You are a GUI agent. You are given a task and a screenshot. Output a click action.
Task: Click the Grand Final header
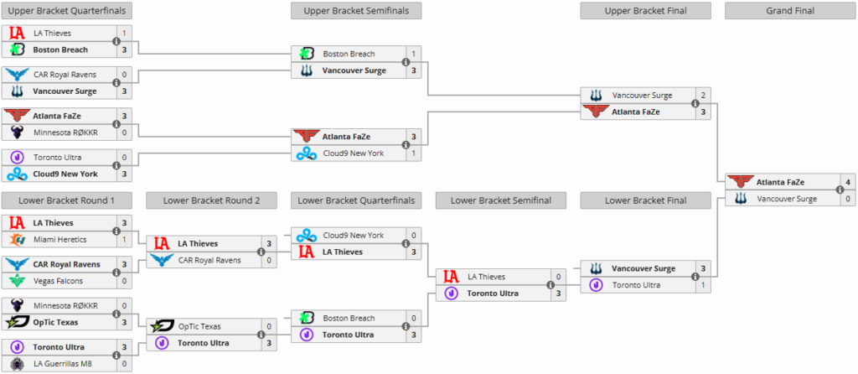click(790, 10)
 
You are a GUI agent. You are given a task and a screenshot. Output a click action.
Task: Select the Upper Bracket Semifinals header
click(355, 10)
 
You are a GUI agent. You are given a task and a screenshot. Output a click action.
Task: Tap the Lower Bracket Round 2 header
click(211, 200)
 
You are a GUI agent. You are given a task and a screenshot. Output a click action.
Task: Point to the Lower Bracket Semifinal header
click(501, 200)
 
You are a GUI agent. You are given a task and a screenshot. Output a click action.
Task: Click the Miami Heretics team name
click(60, 239)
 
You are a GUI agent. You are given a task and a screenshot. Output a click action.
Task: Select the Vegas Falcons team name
click(59, 281)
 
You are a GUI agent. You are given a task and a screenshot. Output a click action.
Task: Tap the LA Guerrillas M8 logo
click(17, 364)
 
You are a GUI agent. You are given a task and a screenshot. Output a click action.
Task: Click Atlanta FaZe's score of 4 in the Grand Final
click(848, 182)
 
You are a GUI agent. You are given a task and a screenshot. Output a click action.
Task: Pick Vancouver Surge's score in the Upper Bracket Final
click(703, 96)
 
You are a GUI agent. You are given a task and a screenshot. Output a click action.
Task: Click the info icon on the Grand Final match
click(840, 190)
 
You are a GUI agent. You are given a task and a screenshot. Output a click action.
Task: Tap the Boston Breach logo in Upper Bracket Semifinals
click(307, 54)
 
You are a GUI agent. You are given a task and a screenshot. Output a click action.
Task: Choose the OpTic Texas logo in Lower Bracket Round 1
click(17, 323)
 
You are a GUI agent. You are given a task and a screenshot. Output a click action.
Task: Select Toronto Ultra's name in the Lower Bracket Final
click(637, 285)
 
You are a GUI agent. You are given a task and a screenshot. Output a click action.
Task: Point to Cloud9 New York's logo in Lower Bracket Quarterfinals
click(307, 236)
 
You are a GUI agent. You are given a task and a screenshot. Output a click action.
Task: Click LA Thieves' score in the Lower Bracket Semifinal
click(558, 277)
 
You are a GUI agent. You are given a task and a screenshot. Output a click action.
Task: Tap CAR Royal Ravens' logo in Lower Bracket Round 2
click(162, 260)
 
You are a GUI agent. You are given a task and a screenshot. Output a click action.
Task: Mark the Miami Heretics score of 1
click(124, 239)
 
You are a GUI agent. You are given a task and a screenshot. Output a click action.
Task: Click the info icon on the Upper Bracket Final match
click(695, 103)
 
